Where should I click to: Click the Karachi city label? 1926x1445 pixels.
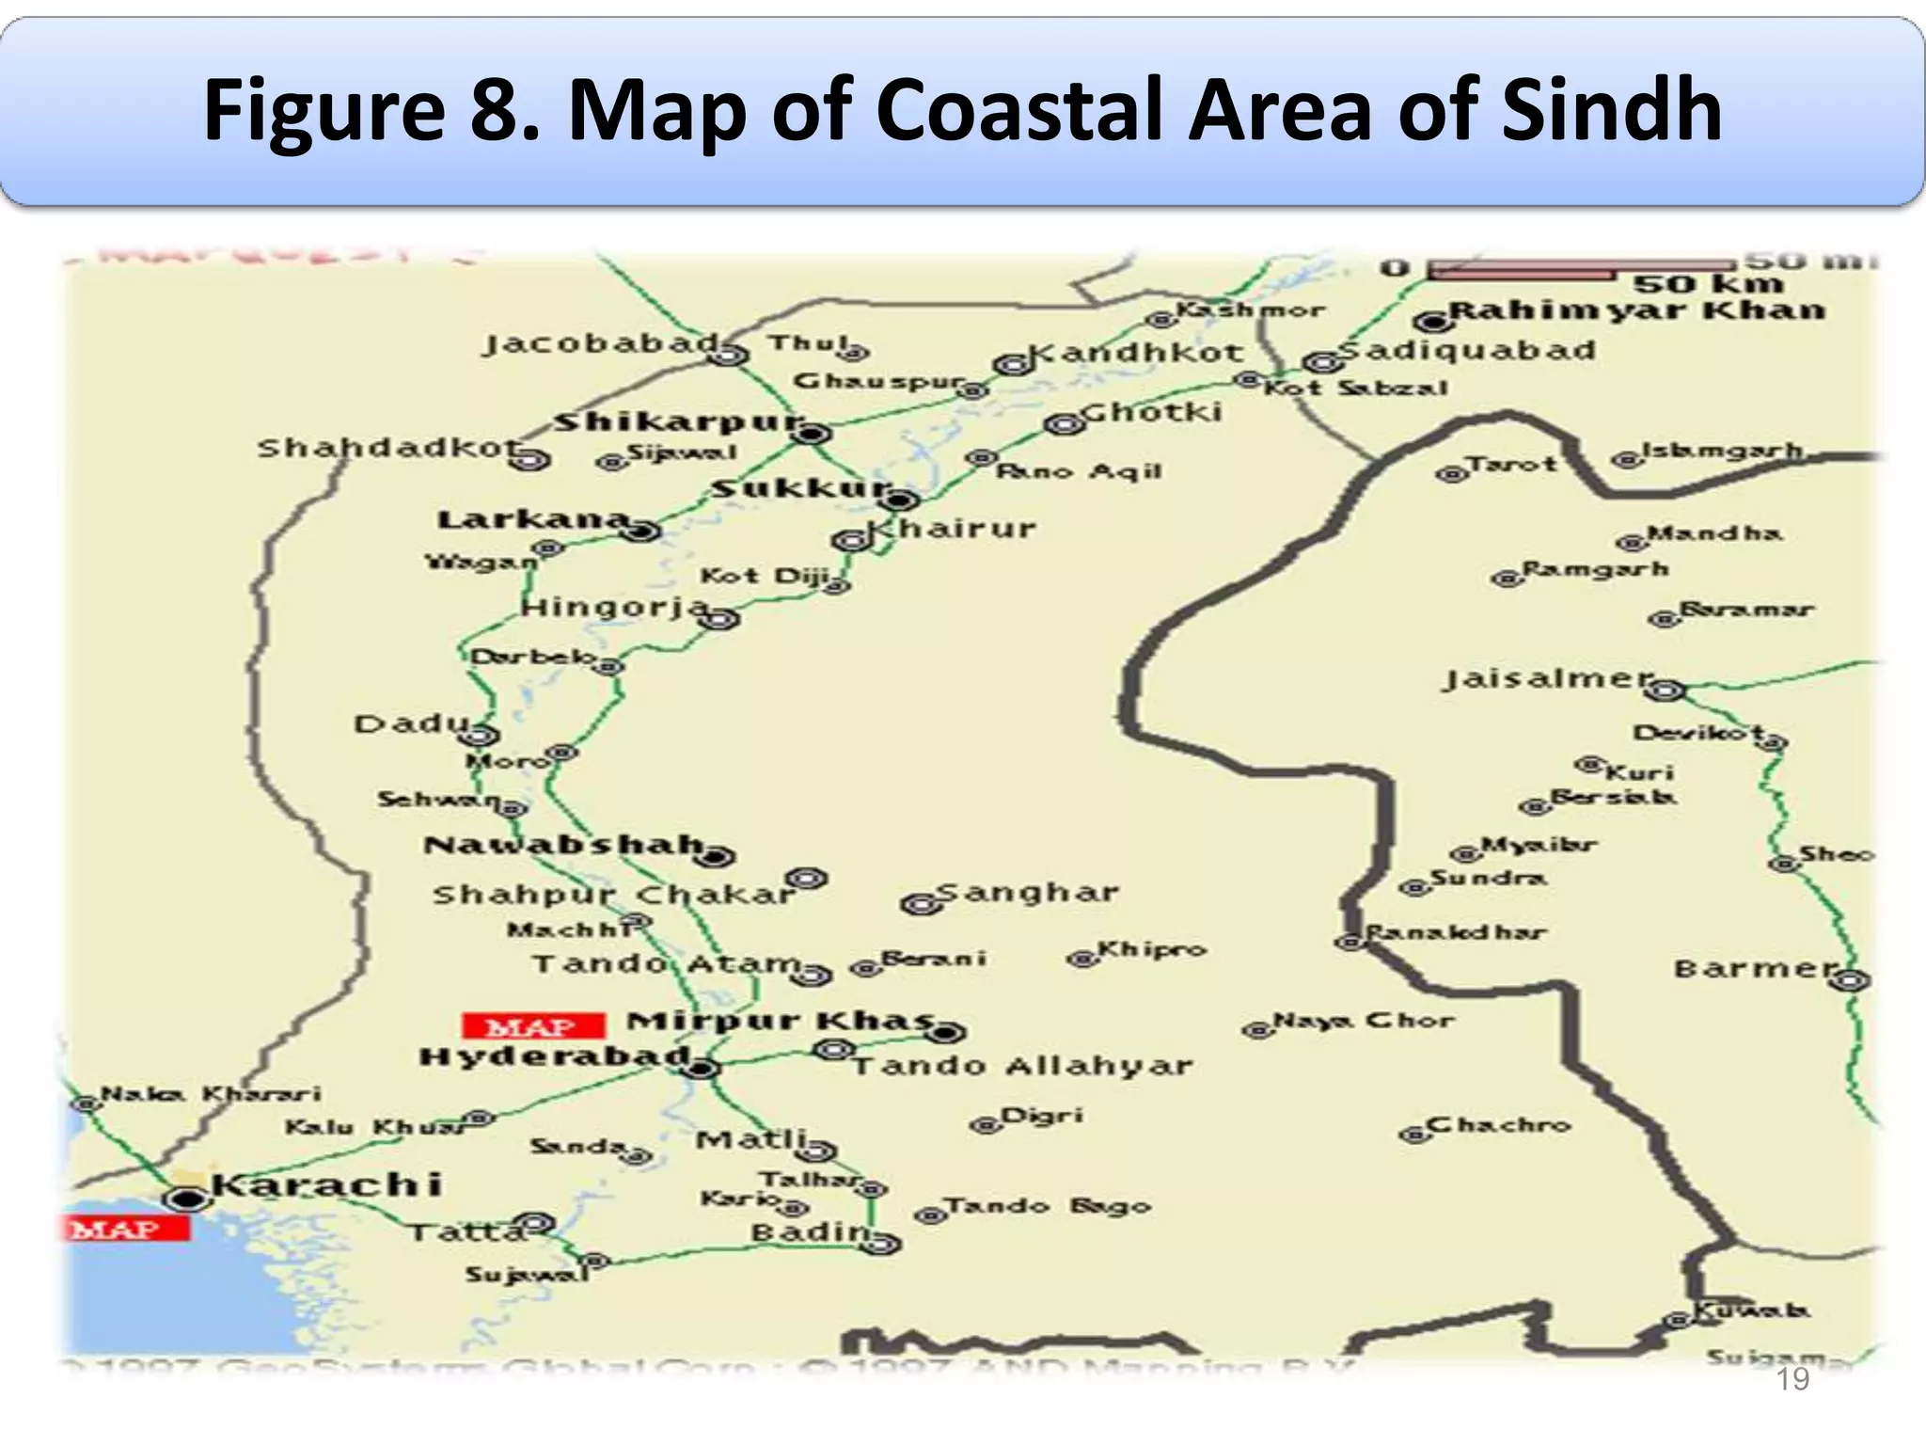[325, 1184]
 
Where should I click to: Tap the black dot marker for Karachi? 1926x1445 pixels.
[188, 1199]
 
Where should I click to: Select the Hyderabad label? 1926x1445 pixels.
[555, 1057]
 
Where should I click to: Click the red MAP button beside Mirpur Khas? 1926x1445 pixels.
[532, 1025]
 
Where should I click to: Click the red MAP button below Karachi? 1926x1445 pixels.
[127, 1229]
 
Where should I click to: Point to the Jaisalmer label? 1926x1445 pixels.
[1548, 678]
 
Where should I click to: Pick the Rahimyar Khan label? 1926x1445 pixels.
[1636, 310]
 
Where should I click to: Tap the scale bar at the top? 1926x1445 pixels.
[1580, 270]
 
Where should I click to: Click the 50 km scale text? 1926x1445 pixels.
[1708, 284]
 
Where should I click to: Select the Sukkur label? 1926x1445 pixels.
[799, 489]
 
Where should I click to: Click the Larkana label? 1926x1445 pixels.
[532, 519]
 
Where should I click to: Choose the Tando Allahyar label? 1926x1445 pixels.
[1023, 1066]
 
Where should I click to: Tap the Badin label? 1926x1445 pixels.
[811, 1231]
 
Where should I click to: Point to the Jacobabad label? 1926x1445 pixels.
[600, 344]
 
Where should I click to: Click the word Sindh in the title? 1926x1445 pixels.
[1611, 111]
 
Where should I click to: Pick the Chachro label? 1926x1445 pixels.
[1498, 1125]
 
